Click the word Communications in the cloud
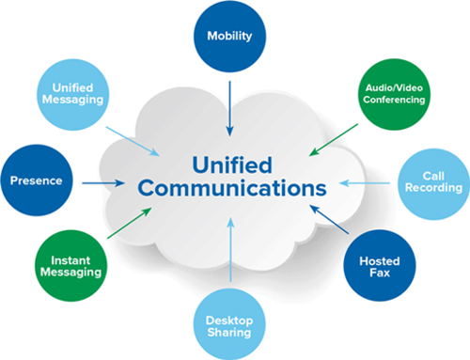230,189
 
